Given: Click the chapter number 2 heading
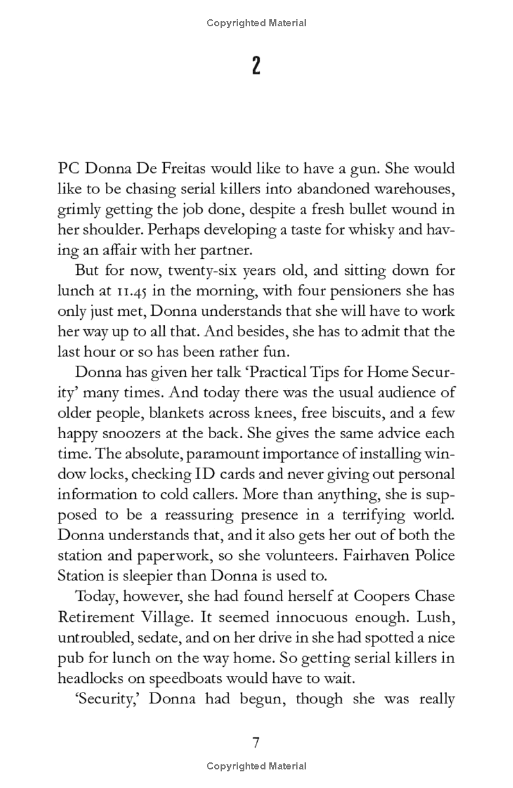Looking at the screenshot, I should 256,66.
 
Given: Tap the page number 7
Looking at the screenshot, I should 256,743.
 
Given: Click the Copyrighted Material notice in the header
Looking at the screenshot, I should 256,23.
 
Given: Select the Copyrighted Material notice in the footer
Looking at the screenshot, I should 256,766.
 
